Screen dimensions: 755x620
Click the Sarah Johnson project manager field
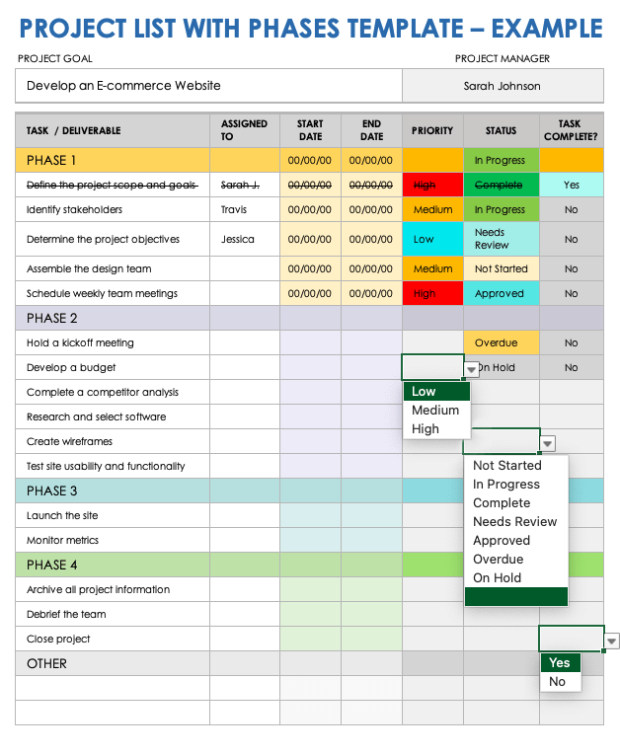502,86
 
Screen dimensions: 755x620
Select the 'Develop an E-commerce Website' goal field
208,86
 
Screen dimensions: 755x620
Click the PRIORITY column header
432,130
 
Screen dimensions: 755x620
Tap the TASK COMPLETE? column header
571,130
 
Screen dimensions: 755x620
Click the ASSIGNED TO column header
244,130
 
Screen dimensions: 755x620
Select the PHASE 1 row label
51,160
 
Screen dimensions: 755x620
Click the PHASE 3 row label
51,491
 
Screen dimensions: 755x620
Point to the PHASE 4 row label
51,565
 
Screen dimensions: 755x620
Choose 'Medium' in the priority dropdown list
435,411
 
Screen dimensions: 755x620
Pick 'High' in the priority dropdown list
426,429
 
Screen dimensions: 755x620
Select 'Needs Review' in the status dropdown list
514,521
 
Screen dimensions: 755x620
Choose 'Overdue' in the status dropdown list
498,559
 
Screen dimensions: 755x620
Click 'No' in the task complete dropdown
558,682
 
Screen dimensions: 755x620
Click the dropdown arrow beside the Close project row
612,642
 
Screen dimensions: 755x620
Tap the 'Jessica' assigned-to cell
238,239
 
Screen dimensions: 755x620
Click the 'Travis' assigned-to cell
235,209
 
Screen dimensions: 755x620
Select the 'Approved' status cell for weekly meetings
501,293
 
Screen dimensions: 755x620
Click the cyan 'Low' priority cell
432,239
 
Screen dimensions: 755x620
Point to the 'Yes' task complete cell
571,185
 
